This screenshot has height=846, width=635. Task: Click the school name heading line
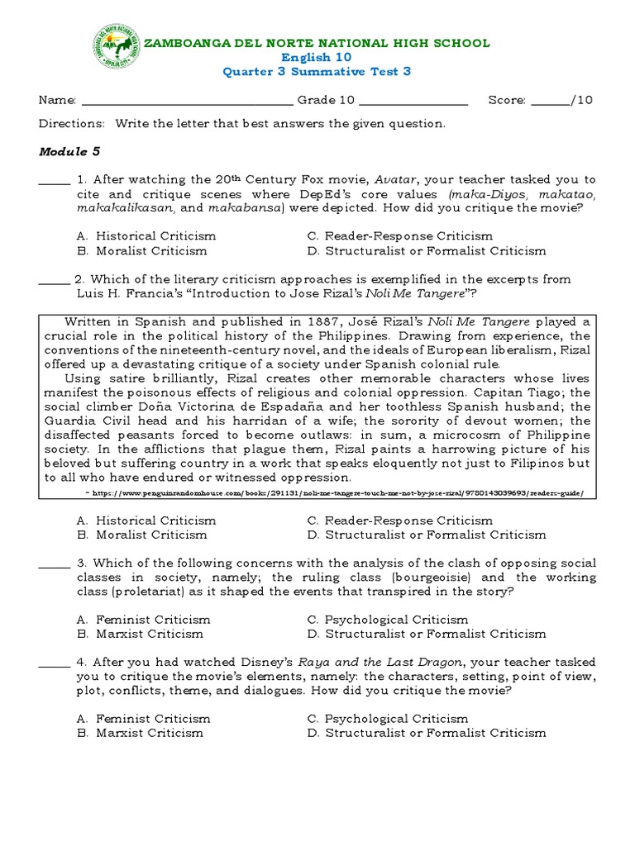click(x=317, y=42)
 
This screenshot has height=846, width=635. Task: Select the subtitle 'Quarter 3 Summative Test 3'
click(x=317, y=72)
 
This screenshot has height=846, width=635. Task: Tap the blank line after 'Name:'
click(x=186, y=101)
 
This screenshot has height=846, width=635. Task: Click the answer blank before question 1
click(x=55, y=180)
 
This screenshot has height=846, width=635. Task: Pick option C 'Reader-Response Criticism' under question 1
click(x=399, y=236)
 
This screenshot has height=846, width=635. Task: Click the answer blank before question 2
click(x=55, y=279)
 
